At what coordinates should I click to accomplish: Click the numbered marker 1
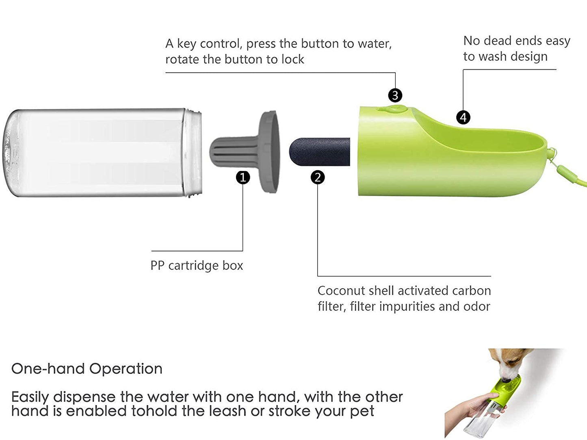click(243, 177)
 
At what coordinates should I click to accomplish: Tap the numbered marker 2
click(318, 177)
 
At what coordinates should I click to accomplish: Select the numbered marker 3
click(395, 95)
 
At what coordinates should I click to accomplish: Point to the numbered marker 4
click(463, 117)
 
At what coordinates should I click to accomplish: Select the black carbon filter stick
click(319, 152)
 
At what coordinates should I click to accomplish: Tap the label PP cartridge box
click(197, 265)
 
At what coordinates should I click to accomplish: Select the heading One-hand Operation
click(87, 369)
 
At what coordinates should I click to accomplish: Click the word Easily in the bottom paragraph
click(30, 397)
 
